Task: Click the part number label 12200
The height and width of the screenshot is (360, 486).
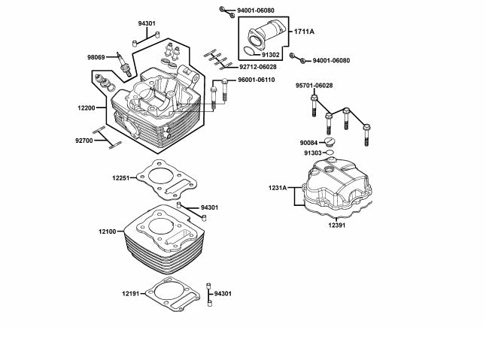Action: (x=87, y=108)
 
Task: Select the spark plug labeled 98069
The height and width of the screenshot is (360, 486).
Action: (x=123, y=65)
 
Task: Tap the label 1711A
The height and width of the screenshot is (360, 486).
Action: (x=304, y=32)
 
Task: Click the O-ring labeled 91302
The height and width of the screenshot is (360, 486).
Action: (x=251, y=51)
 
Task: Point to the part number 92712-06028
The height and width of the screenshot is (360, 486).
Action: (x=258, y=67)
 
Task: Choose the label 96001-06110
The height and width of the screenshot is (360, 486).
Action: (x=257, y=80)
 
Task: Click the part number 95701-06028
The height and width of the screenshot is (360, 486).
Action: (x=314, y=86)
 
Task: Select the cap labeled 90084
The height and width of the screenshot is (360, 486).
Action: (x=330, y=143)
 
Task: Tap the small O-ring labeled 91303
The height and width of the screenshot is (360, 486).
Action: (x=330, y=153)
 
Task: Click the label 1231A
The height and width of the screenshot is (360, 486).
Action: (x=278, y=188)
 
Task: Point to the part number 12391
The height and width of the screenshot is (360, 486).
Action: (x=337, y=225)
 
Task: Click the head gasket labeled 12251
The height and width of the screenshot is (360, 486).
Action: (x=167, y=180)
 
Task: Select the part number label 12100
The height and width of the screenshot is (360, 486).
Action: (x=108, y=231)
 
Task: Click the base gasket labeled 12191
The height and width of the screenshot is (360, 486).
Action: (x=172, y=295)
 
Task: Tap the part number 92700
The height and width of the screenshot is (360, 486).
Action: (x=84, y=141)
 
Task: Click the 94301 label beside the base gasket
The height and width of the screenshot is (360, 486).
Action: (x=223, y=293)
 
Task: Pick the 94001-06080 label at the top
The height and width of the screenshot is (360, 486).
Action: (x=256, y=11)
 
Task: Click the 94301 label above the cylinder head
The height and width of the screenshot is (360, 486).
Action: (x=147, y=23)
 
